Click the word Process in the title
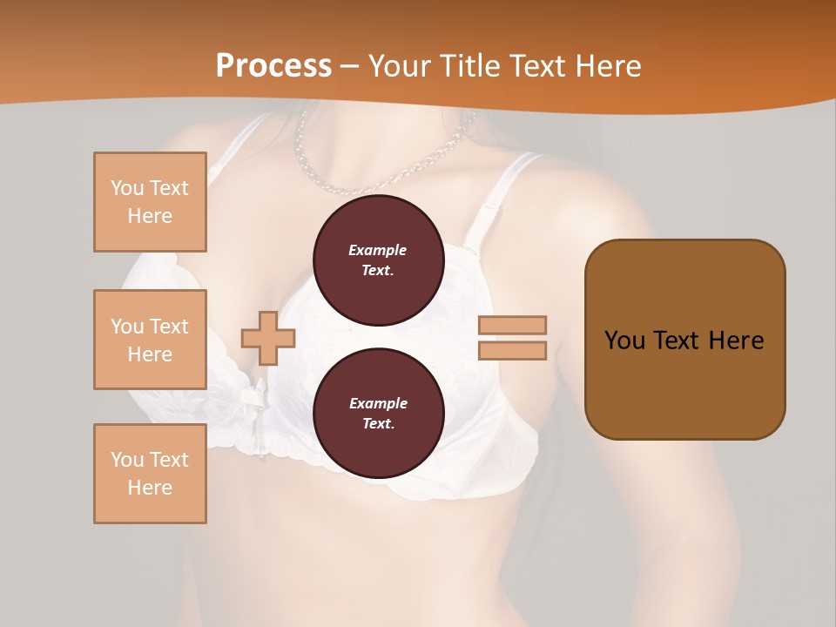273,66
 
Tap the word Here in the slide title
605,66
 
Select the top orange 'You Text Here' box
150,202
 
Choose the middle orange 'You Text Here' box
150,340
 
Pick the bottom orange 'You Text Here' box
150,474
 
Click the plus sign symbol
268,338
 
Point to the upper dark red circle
379,260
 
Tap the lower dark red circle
379,413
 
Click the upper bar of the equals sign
512,325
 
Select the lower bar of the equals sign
512,350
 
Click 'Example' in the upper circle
378,250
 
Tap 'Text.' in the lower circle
378,424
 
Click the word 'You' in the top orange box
127,188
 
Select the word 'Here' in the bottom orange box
150,488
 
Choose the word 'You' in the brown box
624,340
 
